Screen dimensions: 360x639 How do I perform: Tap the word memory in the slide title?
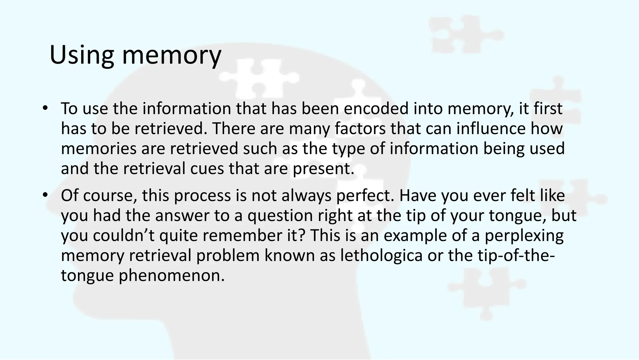(x=171, y=56)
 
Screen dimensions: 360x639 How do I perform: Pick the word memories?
(x=98, y=149)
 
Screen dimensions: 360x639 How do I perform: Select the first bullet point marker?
(x=46, y=108)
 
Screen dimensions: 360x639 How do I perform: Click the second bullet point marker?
(x=46, y=195)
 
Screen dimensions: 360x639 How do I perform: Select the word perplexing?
(x=524, y=236)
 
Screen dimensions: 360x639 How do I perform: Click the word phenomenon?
(x=172, y=276)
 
